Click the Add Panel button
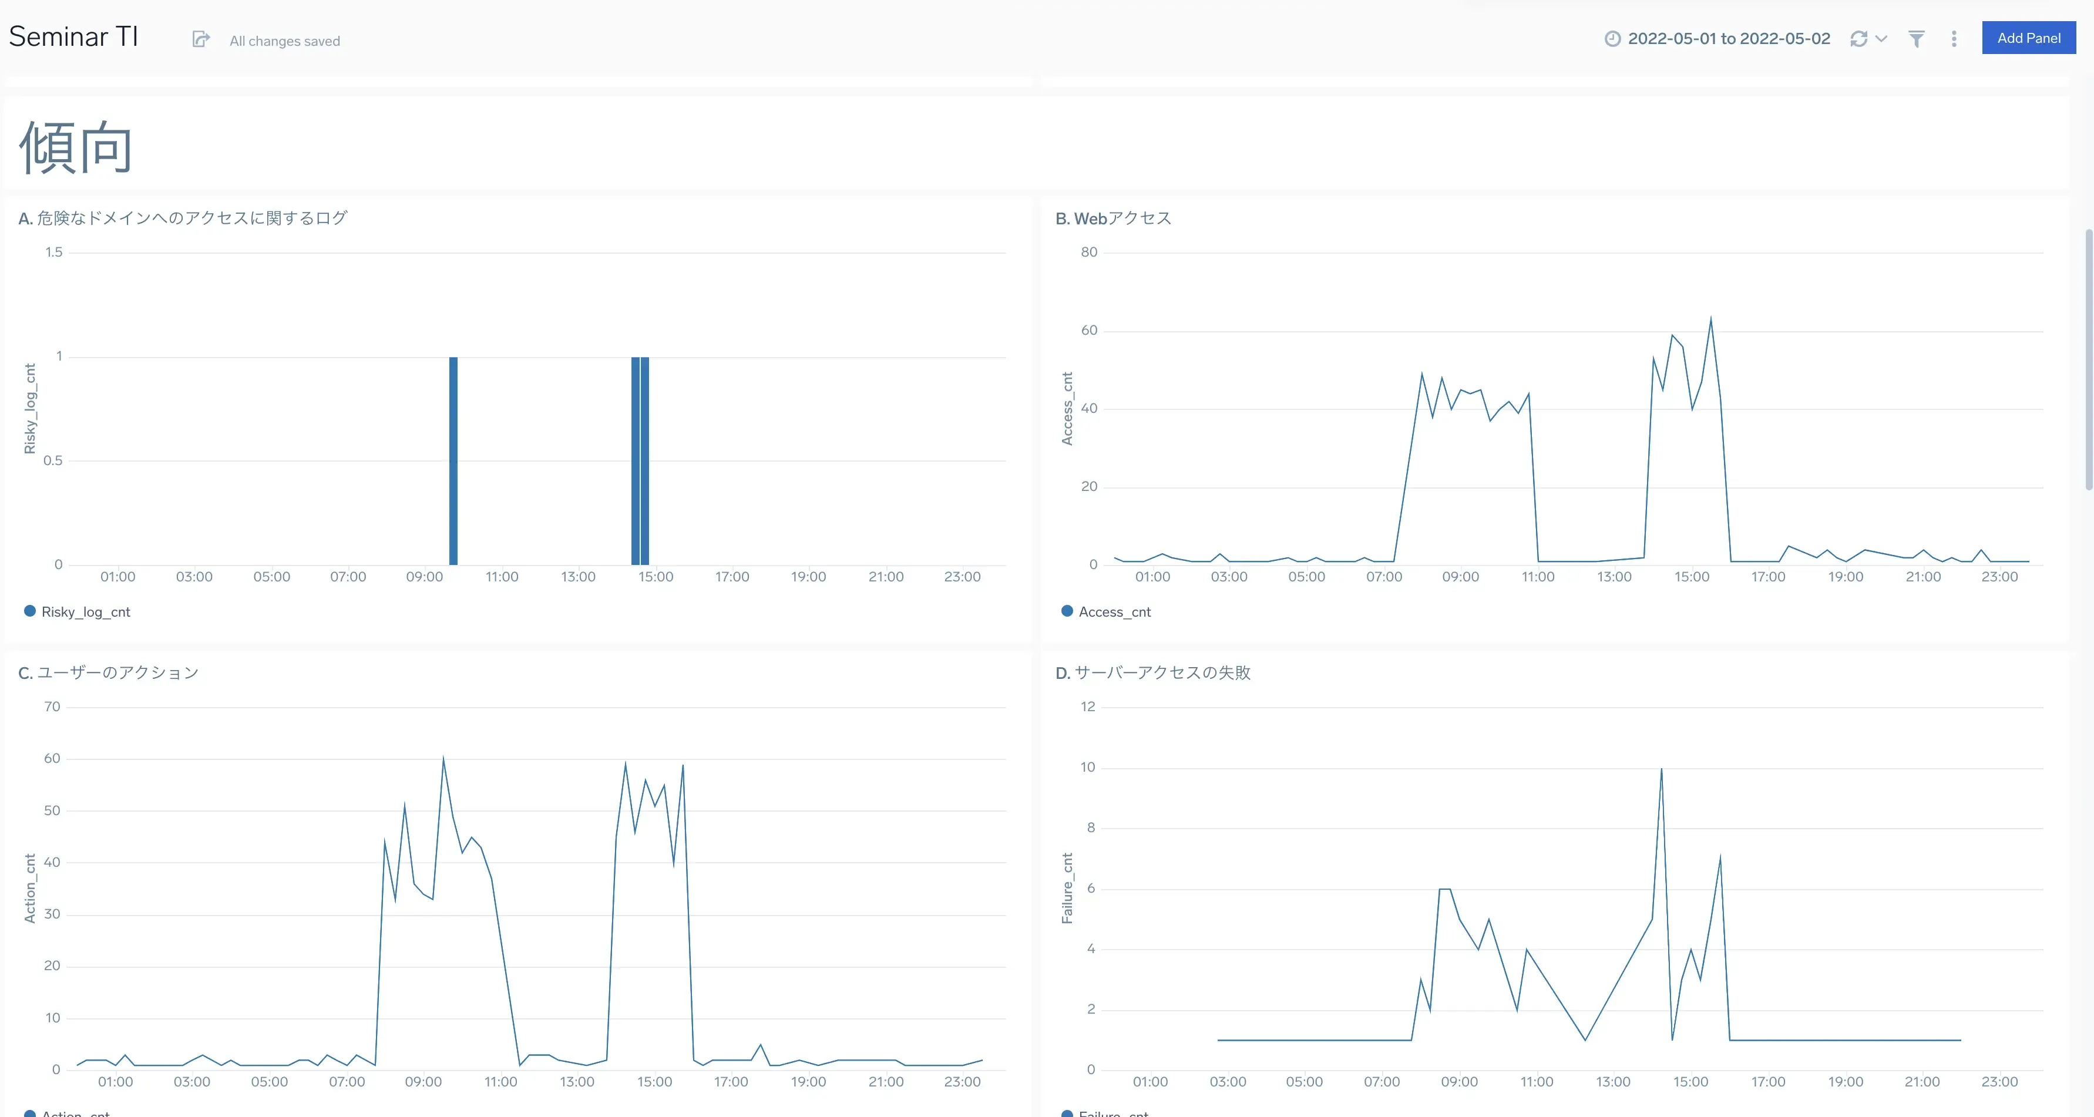2028,38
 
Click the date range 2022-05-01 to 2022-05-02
1728,39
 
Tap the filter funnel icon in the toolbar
1916,39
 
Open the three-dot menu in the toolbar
1954,39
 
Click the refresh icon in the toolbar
1858,39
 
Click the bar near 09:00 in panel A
453,460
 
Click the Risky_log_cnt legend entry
85,612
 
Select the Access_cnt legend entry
1114,612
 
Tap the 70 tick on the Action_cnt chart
52,707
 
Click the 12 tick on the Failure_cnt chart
1088,707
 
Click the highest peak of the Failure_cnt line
1661,770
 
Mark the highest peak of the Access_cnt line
1710,319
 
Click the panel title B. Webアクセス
1113,218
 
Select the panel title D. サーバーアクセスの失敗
1152,673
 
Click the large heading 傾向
76,147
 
